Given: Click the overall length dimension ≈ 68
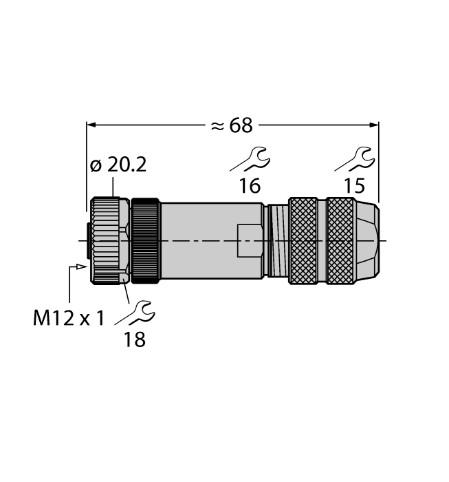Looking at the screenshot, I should point(231,125).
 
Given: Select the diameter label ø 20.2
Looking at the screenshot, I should point(118,166).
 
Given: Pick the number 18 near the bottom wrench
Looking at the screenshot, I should point(135,339).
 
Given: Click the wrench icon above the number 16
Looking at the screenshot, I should point(250,158).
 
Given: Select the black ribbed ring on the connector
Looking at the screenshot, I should point(145,240).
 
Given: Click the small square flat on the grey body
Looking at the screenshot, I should point(249,240).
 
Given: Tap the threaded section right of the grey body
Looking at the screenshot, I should point(277,240).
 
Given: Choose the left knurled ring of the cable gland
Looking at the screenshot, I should point(303,240).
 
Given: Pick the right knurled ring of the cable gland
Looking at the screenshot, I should point(340,240).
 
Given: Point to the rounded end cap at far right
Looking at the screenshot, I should point(367,240).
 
